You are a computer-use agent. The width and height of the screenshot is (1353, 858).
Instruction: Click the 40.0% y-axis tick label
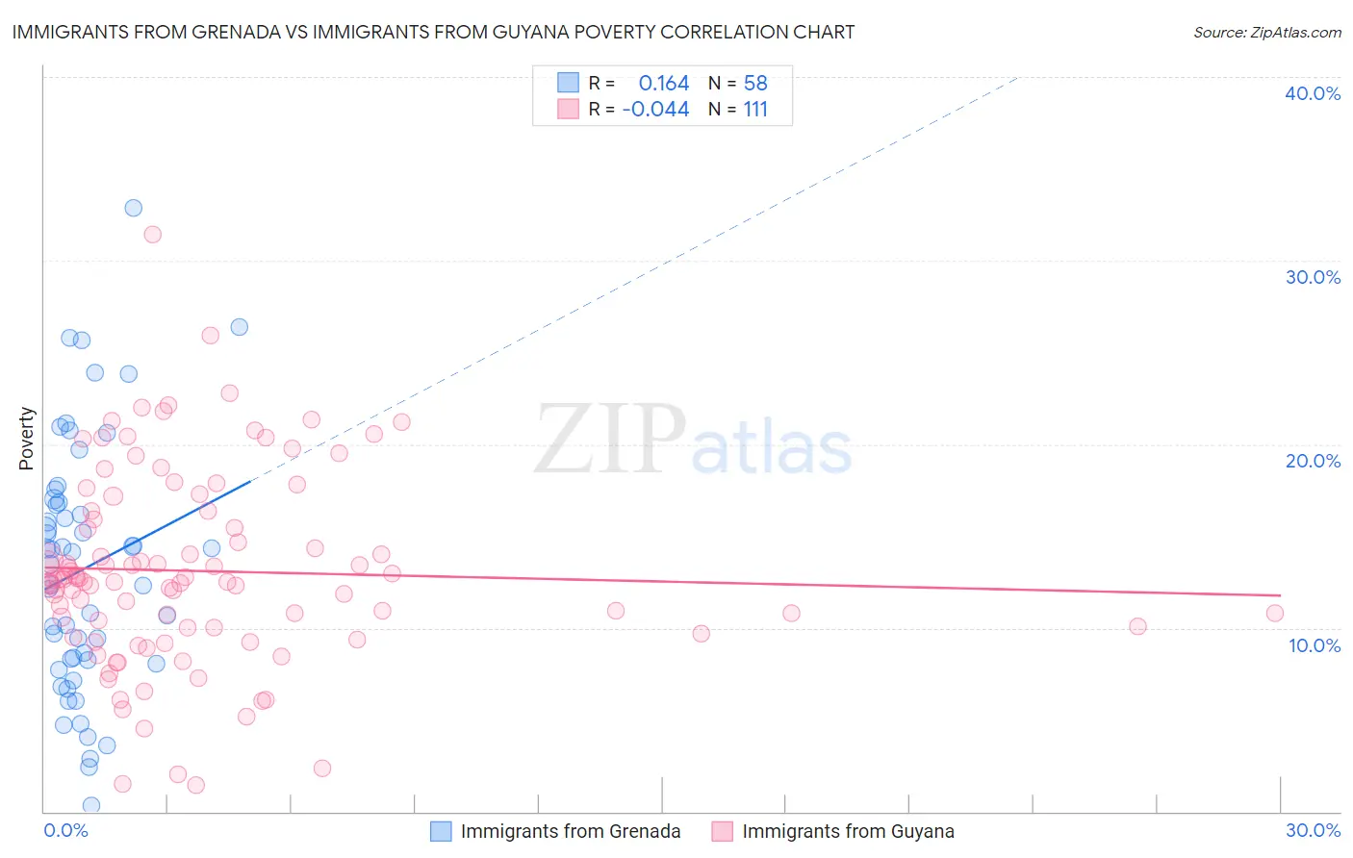[x=1312, y=93]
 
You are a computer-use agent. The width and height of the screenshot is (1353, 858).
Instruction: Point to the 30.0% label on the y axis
[x=1312, y=277]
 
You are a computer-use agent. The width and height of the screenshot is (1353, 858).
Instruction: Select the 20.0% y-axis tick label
[x=1312, y=461]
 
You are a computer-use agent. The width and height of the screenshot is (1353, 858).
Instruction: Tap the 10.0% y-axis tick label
[x=1314, y=645]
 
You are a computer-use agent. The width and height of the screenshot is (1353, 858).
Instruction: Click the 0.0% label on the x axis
[x=65, y=830]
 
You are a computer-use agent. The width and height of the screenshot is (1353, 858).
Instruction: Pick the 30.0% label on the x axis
[x=1312, y=830]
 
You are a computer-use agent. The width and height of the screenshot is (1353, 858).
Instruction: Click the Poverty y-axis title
[x=26, y=439]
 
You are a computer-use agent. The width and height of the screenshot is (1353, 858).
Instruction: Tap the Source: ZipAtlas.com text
[x=1266, y=32]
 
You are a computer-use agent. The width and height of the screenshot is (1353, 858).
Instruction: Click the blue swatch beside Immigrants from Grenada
[x=441, y=831]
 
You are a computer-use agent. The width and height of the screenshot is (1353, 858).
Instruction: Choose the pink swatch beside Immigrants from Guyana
[x=722, y=831]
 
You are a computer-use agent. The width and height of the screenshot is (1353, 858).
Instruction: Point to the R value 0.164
[x=663, y=84]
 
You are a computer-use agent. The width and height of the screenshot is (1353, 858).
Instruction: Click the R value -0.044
[x=655, y=110]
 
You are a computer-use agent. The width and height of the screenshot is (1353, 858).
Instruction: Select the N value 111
[x=755, y=110]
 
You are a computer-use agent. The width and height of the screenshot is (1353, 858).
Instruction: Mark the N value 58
[x=755, y=84]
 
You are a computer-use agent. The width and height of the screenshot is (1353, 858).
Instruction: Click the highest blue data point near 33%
[x=134, y=208]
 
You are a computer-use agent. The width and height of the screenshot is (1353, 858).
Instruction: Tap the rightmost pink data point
[x=1275, y=613]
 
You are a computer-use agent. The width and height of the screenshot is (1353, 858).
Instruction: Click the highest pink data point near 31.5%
[x=152, y=234]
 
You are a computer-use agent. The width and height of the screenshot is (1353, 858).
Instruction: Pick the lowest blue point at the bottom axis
[x=91, y=805]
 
